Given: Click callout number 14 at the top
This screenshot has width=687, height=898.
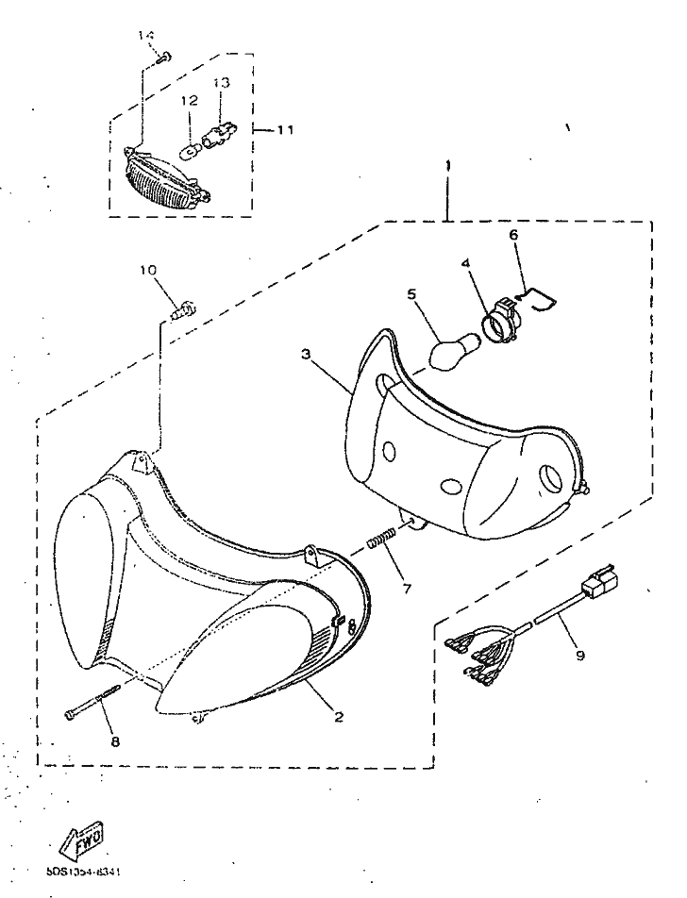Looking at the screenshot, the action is (146, 36).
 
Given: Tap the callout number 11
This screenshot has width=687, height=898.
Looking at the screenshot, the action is (285, 129).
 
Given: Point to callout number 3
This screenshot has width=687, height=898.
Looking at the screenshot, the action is (305, 354).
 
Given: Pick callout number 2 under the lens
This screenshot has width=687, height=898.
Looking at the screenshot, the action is (338, 716).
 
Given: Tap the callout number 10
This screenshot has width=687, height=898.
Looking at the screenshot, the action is (147, 270).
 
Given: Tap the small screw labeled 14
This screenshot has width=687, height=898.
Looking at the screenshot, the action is (161, 57).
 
